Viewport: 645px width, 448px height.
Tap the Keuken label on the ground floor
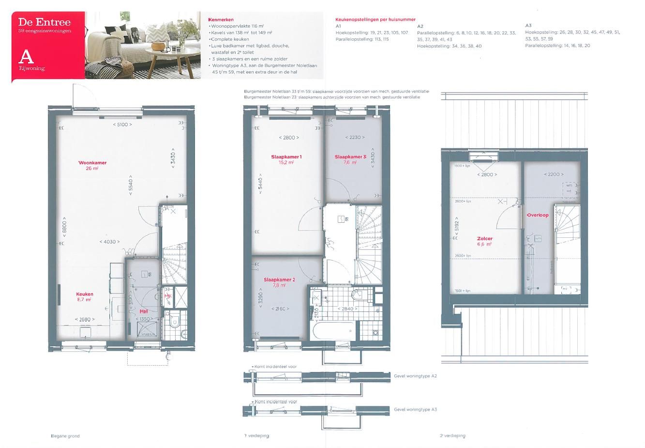(84, 294)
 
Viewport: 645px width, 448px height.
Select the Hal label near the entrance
(144, 311)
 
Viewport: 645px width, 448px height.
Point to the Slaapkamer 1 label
(286, 157)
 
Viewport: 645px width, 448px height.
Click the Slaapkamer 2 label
(279, 279)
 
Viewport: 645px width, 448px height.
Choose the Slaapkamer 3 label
(350, 157)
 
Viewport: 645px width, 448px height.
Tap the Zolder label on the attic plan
(484, 239)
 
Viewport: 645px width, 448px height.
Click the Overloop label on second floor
(538, 215)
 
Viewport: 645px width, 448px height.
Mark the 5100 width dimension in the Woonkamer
(122, 124)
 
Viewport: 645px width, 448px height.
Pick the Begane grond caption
(65, 436)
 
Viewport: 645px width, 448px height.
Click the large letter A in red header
(26, 57)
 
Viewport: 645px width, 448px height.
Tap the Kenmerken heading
(220, 20)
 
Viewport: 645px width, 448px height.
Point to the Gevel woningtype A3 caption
(415, 409)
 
